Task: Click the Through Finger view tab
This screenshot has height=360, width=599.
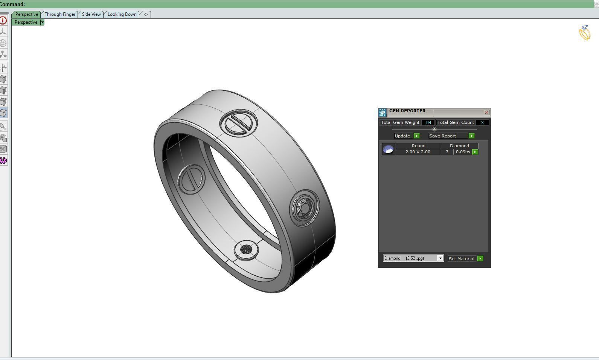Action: (x=60, y=14)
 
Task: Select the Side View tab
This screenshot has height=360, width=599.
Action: (x=91, y=14)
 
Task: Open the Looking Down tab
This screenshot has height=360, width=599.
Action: (x=122, y=14)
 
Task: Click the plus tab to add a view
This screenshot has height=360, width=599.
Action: (x=146, y=14)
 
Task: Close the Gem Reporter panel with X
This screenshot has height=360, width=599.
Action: (x=486, y=112)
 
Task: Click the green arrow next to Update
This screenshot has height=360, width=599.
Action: (x=416, y=136)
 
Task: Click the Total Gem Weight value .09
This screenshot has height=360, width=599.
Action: (x=428, y=122)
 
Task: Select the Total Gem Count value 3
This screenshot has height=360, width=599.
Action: (x=482, y=122)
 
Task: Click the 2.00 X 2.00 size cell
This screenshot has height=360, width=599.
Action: (x=418, y=152)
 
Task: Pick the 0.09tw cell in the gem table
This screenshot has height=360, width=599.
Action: (x=463, y=152)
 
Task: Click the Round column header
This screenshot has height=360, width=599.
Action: (x=418, y=146)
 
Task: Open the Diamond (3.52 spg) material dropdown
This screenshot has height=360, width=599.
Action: (x=440, y=258)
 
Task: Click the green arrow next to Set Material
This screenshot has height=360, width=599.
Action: (x=480, y=259)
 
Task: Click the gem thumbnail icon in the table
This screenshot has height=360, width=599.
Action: (x=388, y=149)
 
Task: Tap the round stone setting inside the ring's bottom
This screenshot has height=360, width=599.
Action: (x=246, y=249)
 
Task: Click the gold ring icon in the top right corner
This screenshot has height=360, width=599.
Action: (x=585, y=33)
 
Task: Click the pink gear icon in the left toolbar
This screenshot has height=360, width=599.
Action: (x=3, y=161)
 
